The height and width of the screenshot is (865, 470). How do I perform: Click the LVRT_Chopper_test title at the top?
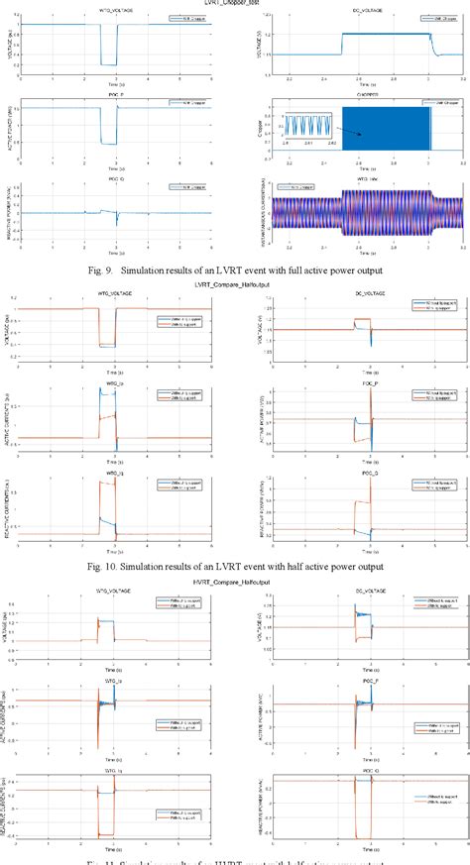[x=234, y=4]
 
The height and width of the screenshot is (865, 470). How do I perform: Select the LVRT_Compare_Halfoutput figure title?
[x=234, y=284]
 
